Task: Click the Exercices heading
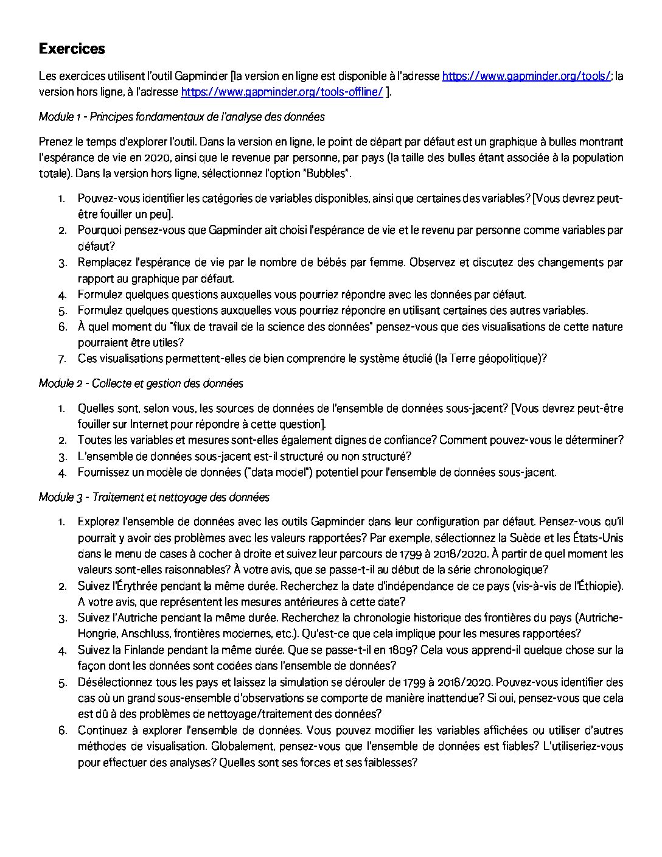pos(72,49)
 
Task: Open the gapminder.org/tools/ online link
pos(526,76)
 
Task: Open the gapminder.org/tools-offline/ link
pos(282,92)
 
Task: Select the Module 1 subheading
pos(181,116)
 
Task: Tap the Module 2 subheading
pos(141,383)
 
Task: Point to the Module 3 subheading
pos(154,497)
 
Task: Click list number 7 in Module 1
pos(62,359)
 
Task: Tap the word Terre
pos(462,359)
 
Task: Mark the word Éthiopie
pos(599,586)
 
